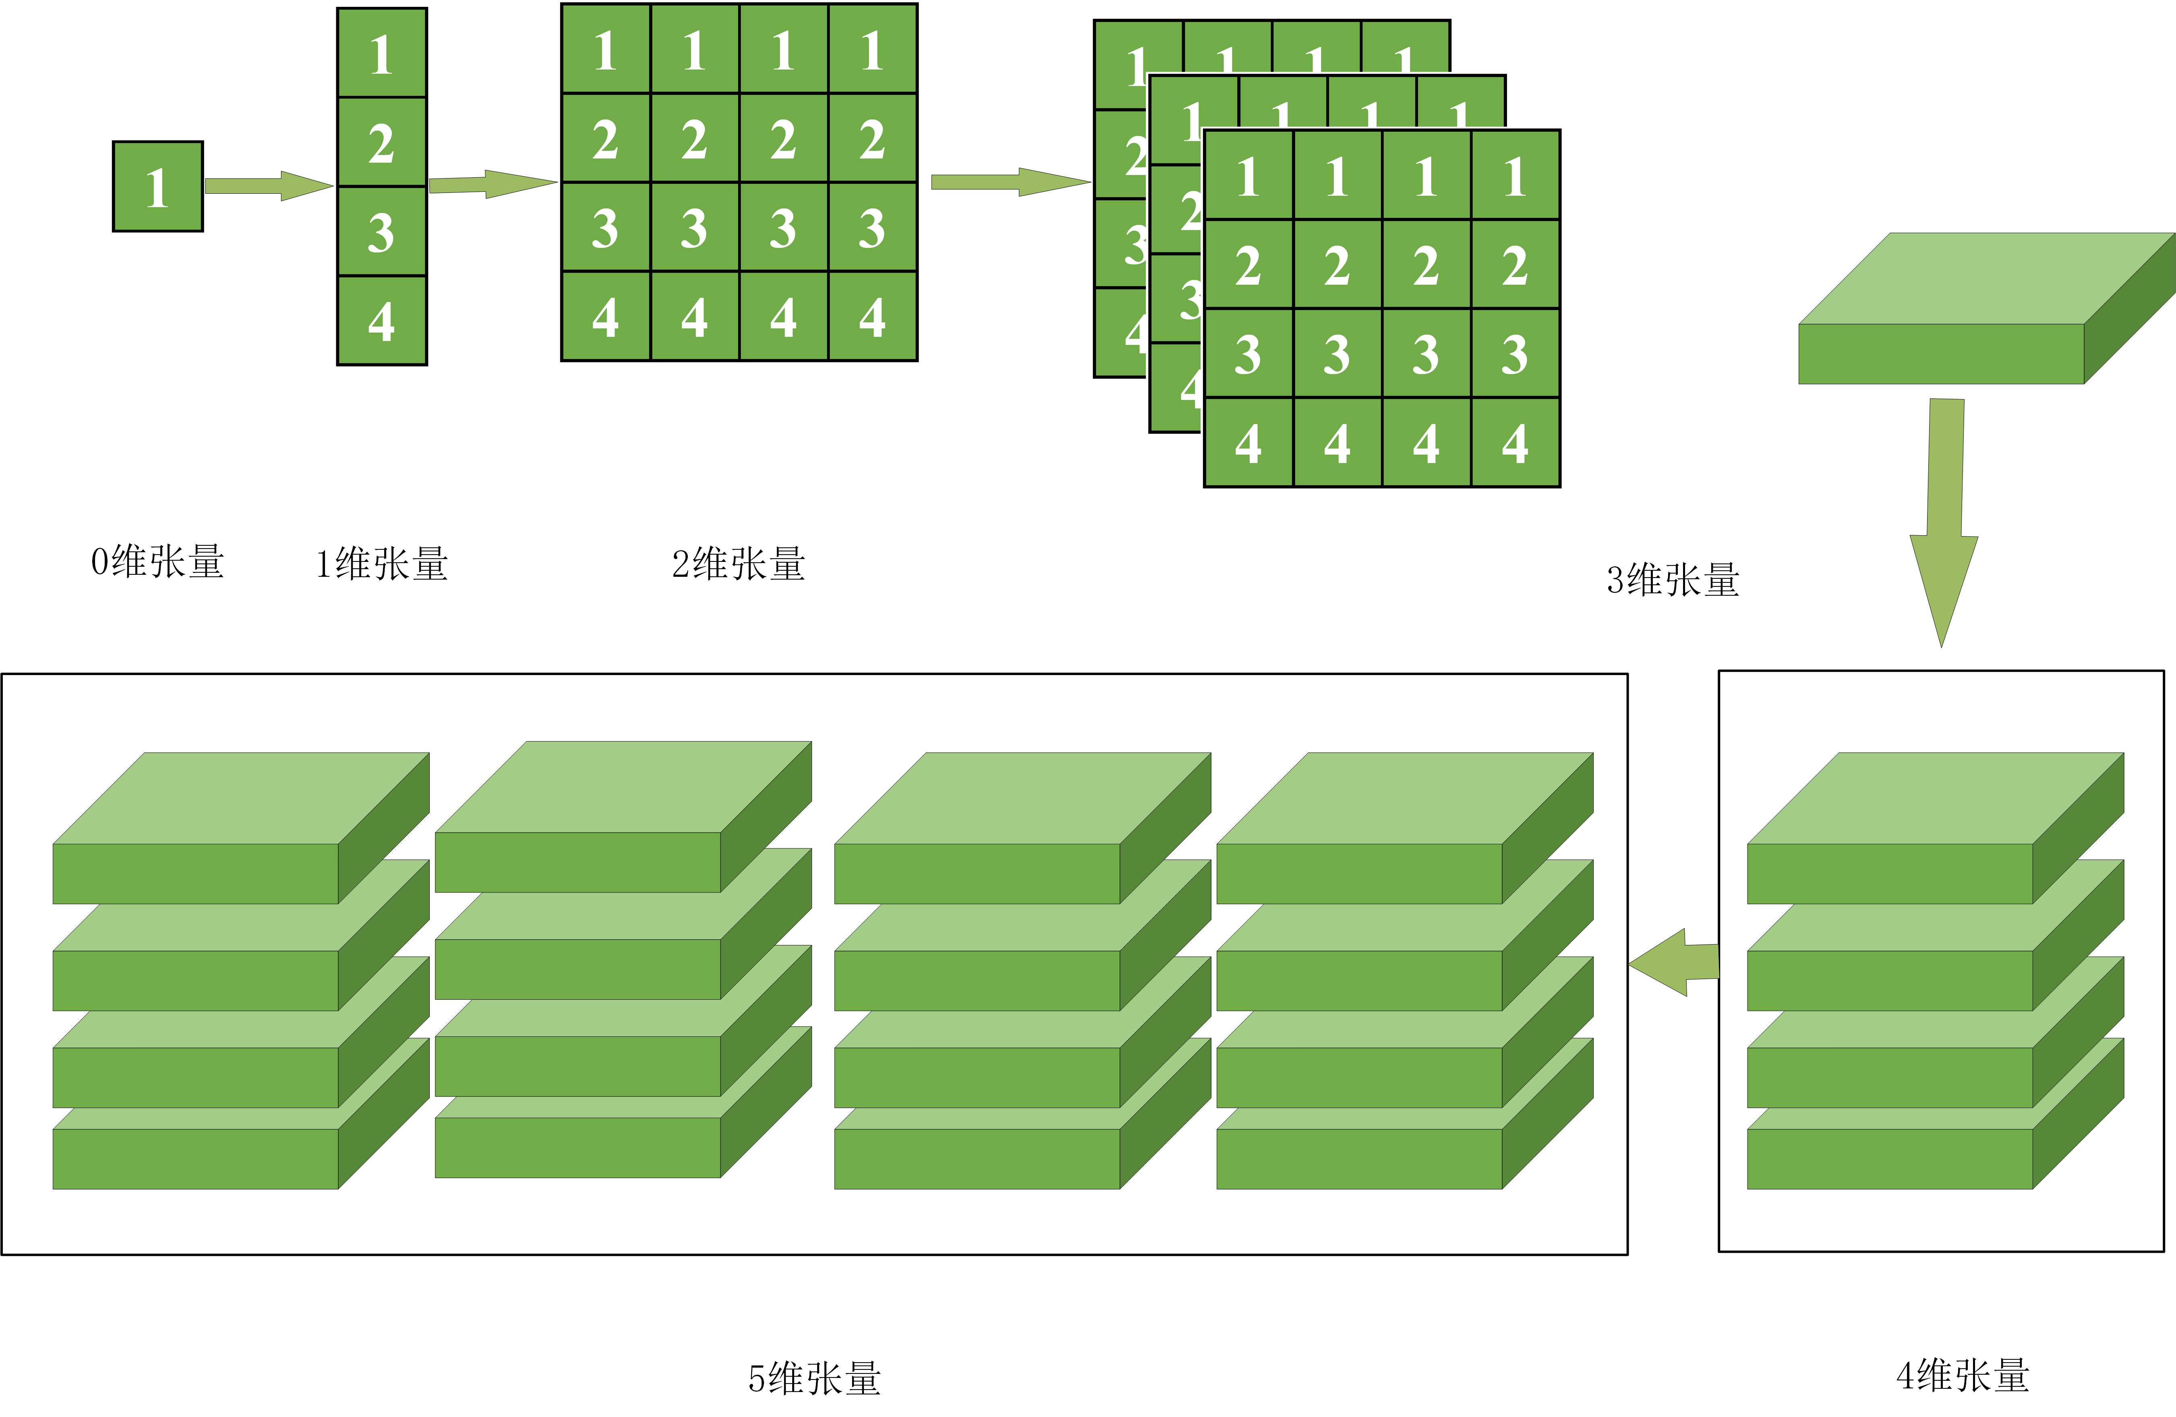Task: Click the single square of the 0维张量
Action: pyautogui.click(x=157, y=186)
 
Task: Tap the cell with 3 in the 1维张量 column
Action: pyautogui.click(x=381, y=231)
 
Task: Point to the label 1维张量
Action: pyautogui.click(x=381, y=564)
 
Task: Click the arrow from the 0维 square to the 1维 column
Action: pyautogui.click(x=268, y=186)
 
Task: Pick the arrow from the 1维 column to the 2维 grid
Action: pyautogui.click(x=492, y=184)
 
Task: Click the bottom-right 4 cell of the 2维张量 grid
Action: pyautogui.click(x=872, y=316)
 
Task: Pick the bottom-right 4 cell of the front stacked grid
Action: pyautogui.click(x=1515, y=443)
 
